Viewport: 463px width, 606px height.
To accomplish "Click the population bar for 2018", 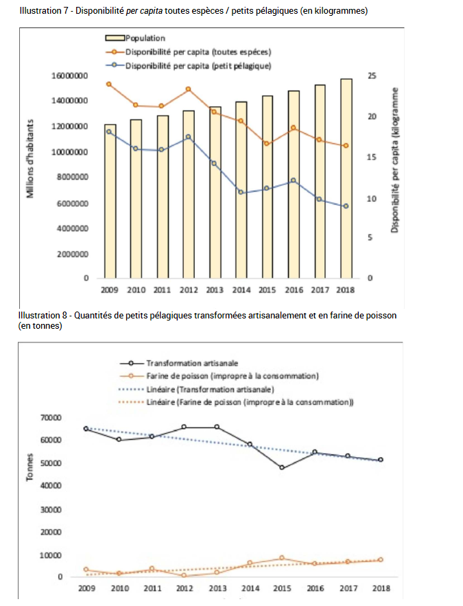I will click(346, 178).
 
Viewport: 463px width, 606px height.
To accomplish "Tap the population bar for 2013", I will click(215, 192).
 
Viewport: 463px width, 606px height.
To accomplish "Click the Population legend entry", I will click(137, 38).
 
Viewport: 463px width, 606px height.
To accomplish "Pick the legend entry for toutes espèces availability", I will click(192, 51).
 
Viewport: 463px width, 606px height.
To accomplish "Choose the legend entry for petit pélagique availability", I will click(192, 65).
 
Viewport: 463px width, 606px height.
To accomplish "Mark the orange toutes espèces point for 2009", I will click(109, 84).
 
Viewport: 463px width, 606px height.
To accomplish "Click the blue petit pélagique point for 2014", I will click(241, 192).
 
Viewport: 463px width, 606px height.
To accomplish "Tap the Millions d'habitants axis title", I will click(31, 159).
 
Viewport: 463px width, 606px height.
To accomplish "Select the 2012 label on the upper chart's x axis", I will click(189, 290).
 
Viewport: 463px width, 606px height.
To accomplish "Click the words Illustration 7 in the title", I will click(43, 12).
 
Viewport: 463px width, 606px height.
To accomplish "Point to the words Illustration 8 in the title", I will click(43, 315).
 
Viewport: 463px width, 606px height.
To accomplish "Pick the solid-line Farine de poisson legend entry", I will click(219, 376).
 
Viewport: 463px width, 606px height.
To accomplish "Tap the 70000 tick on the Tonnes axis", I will click(71, 418).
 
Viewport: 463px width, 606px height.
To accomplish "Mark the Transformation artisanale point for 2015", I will click(282, 468).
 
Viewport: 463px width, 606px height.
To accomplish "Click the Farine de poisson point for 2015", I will click(282, 558).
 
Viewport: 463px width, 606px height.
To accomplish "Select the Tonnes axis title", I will click(30, 467).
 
